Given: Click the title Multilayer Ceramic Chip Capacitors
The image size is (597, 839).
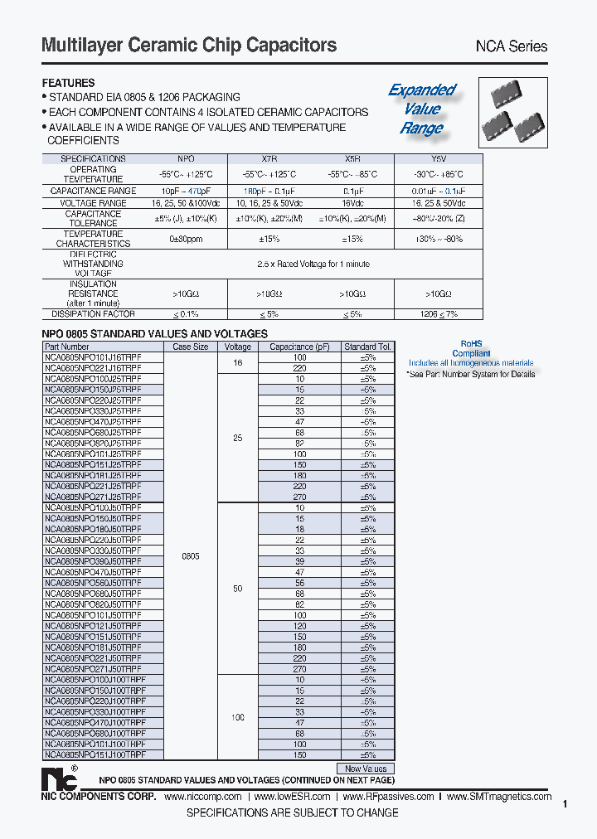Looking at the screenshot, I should point(189,46).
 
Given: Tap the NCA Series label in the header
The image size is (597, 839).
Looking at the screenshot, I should point(510,47).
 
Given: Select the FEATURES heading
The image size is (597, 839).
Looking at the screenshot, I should point(69,83).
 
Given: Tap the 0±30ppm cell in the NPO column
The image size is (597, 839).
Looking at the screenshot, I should point(187,239).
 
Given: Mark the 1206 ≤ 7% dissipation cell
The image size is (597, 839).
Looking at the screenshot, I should point(438,314).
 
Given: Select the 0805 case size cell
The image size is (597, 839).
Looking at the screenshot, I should point(191,556).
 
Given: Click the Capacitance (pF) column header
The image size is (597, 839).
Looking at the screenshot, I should point(300,347).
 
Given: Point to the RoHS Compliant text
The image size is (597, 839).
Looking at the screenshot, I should point(476,348).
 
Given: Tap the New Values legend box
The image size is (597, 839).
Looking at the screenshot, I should point(365,769).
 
